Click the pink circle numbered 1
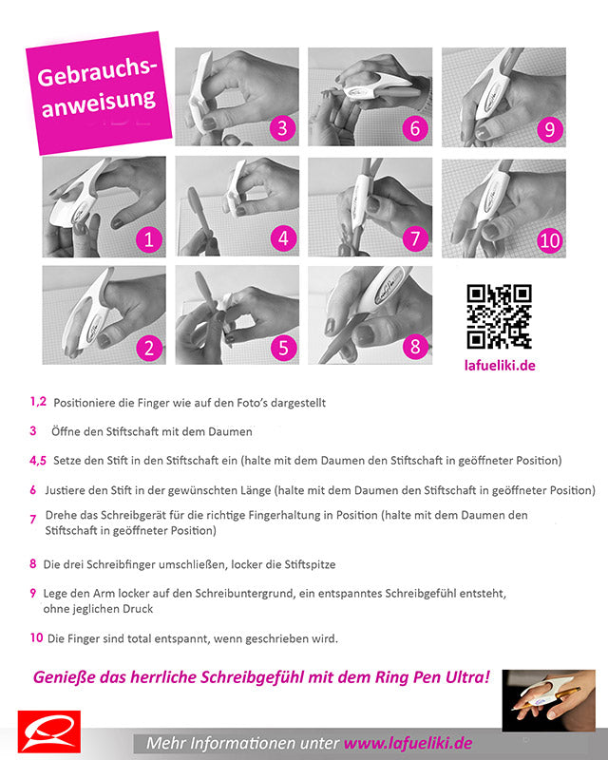(x=147, y=238)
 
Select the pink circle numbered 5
(x=283, y=347)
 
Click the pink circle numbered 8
(x=414, y=347)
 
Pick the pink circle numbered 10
(x=549, y=240)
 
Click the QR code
(x=499, y=316)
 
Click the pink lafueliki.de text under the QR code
(x=499, y=366)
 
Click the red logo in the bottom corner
(x=49, y=731)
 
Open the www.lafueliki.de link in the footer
(x=408, y=743)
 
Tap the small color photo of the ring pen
(x=548, y=700)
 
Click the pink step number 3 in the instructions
(x=33, y=430)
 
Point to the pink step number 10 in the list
(x=36, y=637)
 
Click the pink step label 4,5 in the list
(x=38, y=461)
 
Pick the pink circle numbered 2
(x=147, y=347)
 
